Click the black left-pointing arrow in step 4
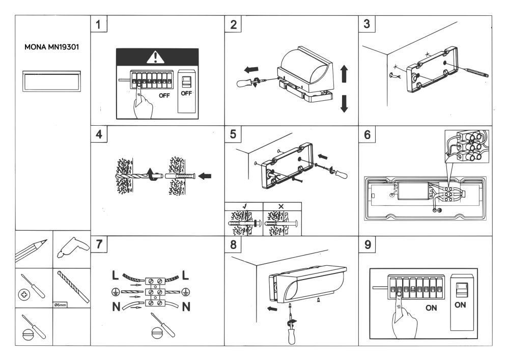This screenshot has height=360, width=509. tap(205, 177)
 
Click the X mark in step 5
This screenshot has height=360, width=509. tap(281, 207)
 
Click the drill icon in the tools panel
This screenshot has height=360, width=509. tap(72, 249)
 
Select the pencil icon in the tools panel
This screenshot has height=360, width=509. tap(34, 249)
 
